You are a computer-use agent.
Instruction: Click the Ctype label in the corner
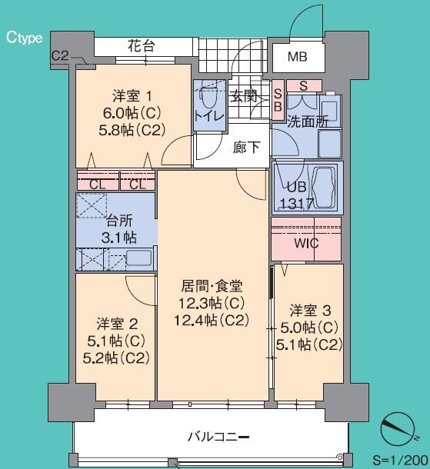click(x=25, y=37)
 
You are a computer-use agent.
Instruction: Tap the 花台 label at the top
click(x=141, y=46)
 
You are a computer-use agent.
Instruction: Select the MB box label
click(x=297, y=57)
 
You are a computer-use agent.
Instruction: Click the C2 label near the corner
click(x=60, y=56)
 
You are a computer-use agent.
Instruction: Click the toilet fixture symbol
click(x=207, y=98)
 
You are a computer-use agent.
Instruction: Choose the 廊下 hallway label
click(x=246, y=147)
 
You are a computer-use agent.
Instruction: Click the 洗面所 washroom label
click(x=308, y=121)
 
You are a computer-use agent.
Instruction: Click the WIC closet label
click(x=307, y=244)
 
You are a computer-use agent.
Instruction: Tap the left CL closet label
click(x=98, y=184)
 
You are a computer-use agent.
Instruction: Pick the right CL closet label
click(x=138, y=184)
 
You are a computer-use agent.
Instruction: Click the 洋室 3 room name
click(x=310, y=311)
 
